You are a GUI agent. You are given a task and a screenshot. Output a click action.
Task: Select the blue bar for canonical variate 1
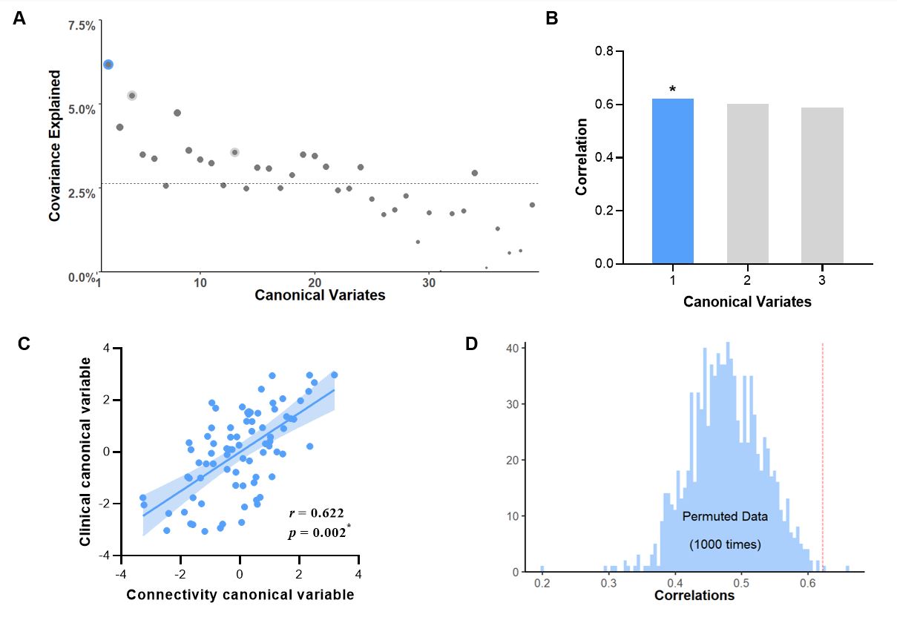coord(672,181)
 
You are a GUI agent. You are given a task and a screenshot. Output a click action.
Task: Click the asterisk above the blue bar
coord(672,90)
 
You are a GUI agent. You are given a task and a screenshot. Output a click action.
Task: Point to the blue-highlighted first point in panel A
coord(108,65)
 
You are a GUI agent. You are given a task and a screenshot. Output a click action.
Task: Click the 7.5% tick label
coord(82,26)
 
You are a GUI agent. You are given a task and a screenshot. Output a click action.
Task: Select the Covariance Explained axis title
coord(54,145)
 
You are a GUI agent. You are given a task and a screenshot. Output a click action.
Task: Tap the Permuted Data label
coord(725,515)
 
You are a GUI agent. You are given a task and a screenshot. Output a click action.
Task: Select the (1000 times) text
coord(725,545)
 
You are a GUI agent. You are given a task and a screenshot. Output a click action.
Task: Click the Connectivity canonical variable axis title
coord(240,595)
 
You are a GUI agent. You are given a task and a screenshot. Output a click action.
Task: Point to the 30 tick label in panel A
coord(429,283)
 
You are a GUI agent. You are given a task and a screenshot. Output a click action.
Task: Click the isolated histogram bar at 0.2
coord(542,569)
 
